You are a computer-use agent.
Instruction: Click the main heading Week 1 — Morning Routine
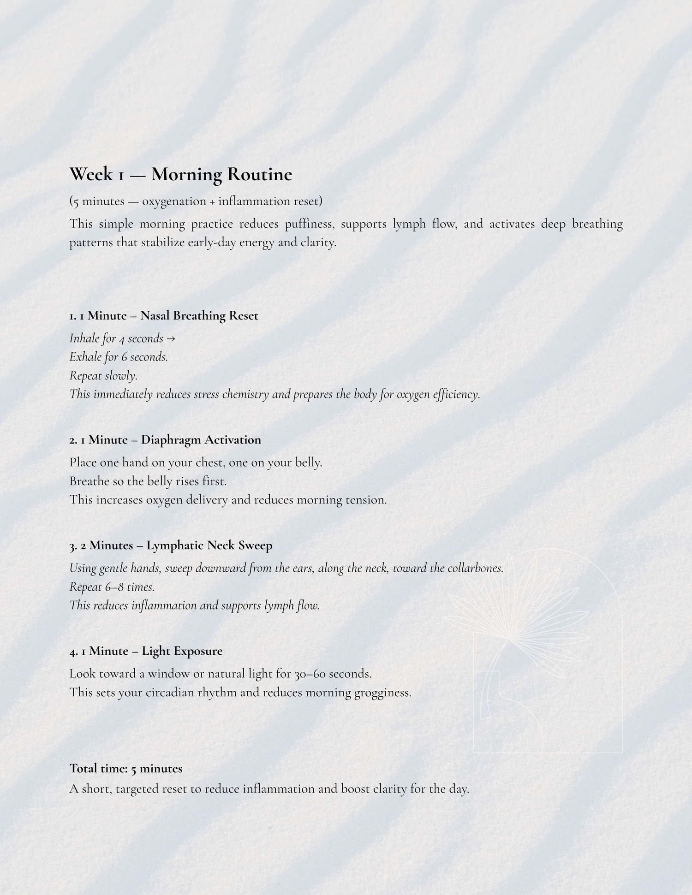180,174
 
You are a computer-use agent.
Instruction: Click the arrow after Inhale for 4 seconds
171,339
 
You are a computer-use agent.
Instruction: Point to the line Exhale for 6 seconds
119,357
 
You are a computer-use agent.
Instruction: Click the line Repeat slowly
103,376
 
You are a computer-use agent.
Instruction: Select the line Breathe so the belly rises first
148,481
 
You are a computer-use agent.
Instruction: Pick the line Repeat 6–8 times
112,587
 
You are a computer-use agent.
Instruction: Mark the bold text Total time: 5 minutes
125,769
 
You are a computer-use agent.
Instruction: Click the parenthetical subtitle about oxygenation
196,202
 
